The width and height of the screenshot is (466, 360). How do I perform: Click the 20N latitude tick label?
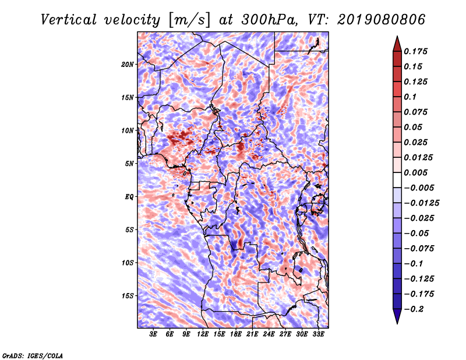(128, 64)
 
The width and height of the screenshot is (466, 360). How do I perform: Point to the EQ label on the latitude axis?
(129, 196)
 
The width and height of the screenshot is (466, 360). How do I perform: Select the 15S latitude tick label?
(128, 295)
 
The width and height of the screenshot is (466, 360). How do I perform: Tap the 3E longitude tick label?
(153, 334)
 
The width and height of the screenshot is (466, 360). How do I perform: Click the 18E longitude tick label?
(236, 334)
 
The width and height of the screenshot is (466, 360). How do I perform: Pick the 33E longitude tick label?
(318, 334)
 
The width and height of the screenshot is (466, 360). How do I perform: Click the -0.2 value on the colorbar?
(417, 310)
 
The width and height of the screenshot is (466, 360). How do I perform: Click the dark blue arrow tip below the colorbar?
(397, 319)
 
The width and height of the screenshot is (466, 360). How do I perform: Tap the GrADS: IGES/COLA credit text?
(33, 355)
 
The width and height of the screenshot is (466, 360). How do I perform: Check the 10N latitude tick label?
(128, 130)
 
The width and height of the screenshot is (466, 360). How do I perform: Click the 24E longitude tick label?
(269, 334)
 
